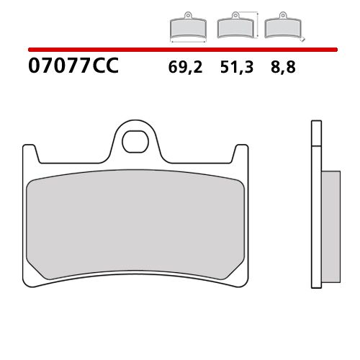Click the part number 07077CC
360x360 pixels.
click(x=72, y=67)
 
